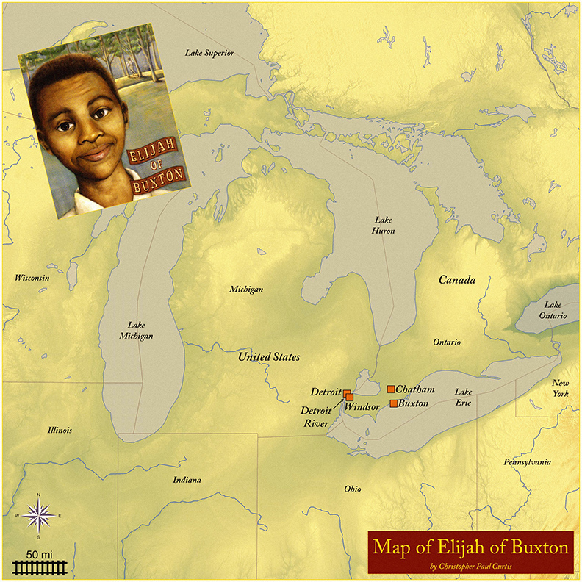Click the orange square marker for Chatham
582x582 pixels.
pyautogui.click(x=391, y=389)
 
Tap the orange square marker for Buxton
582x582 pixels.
pyautogui.click(x=394, y=403)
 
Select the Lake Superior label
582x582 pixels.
pyautogui.click(x=209, y=53)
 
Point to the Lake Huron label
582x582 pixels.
pyautogui.click(x=384, y=225)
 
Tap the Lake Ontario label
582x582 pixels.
pyautogui.click(x=555, y=309)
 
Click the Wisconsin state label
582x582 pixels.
pyautogui.click(x=32, y=278)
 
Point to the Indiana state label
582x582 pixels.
pyautogui.click(x=187, y=480)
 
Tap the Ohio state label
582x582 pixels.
pyautogui.click(x=353, y=489)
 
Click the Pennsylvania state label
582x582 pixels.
pyautogui.click(x=527, y=462)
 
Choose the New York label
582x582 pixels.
pyautogui.click(x=561, y=389)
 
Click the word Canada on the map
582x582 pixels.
pyautogui.click(x=457, y=280)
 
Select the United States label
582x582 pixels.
pyautogui.click(x=269, y=356)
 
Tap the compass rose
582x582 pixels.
pyautogui.click(x=37, y=516)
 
